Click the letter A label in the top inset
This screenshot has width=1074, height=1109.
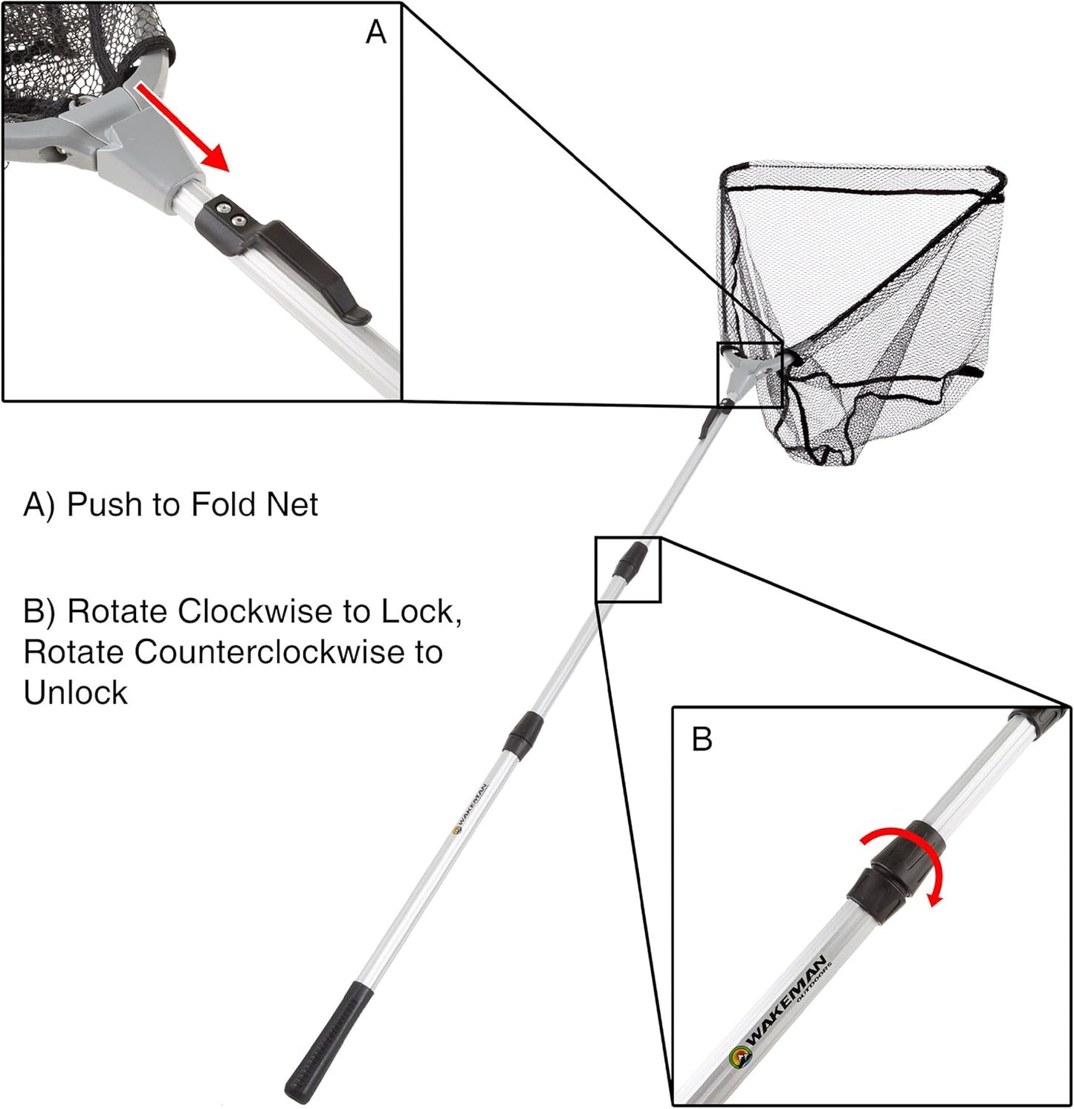tap(376, 33)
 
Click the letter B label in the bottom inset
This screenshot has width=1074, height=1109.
tap(702, 740)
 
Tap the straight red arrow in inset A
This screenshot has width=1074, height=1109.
tap(183, 127)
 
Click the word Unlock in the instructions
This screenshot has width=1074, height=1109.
tap(75, 693)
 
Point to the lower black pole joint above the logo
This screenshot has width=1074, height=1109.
tap(523, 733)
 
